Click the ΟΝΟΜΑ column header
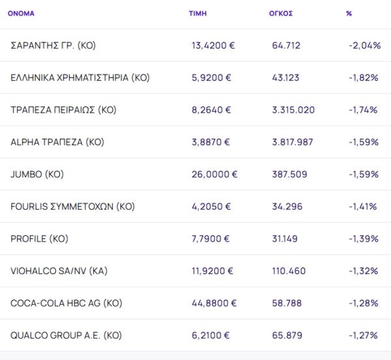coord(21,13)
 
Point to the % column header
coord(349,13)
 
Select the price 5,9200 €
coord(211,77)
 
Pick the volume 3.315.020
coord(293,110)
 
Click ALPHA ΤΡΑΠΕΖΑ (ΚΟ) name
coord(57,142)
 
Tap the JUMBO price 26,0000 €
coord(214,174)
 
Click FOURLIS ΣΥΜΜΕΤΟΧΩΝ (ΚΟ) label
coord(72,206)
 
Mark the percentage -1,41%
coord(363,206)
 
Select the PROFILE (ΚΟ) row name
coord(38,239)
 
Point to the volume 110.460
coord(289,271)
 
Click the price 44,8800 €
coord(214,303)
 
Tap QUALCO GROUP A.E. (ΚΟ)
coord(66,335)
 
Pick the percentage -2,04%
coord(364,46)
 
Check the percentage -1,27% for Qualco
coord(363,335)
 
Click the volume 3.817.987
coord(293,142)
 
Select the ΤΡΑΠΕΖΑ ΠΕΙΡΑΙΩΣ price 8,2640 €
coord(211,110)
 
